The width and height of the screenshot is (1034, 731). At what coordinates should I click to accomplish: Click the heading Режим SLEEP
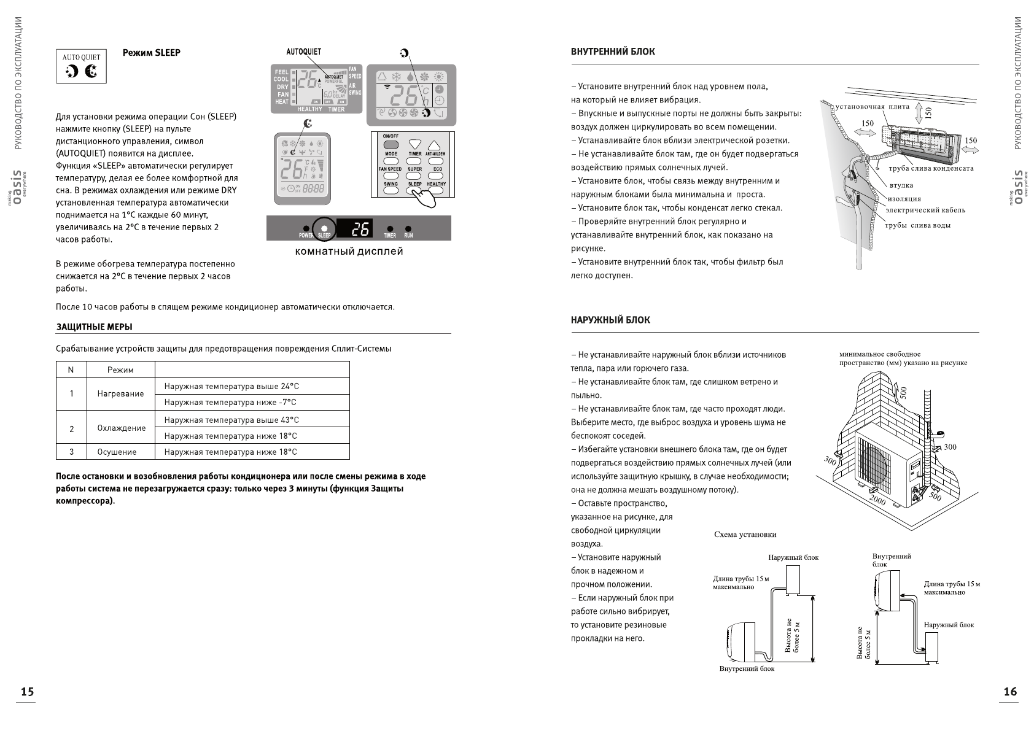click(x=151, y=53)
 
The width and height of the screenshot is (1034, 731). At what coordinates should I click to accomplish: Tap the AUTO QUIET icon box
click(x=81, y=66)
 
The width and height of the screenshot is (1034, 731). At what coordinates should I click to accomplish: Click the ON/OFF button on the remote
click(x=391, y=144)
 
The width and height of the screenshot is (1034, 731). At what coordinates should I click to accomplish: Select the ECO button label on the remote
click(x=437, y=169)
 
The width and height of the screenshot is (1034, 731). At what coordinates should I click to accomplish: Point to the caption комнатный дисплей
click(x=349, y=251)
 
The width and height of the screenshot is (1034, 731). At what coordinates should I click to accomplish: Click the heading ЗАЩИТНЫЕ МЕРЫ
click(x=94, y=327)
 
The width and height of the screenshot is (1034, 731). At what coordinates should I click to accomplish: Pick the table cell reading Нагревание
click(x=120, y=394)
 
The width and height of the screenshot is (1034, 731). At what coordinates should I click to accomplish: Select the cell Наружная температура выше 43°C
click(x=231, y=420)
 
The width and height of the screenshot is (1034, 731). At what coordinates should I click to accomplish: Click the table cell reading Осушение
click(x=117, y=452)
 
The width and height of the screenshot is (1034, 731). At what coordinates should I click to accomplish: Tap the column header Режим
click(x=120, y=369)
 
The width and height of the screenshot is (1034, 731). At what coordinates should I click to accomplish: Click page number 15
click(x=27, y=692)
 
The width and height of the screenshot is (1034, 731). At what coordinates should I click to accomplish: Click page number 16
click(x=1009, y=692)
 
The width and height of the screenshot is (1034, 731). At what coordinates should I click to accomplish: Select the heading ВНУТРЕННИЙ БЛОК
click(x=613, y=52)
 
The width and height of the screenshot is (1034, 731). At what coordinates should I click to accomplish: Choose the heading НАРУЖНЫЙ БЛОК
click(x=610, y=320)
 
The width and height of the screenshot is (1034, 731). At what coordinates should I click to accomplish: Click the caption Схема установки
click(x=745, y=535)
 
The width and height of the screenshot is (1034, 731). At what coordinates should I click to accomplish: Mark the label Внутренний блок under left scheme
click(x=747, y=668)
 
